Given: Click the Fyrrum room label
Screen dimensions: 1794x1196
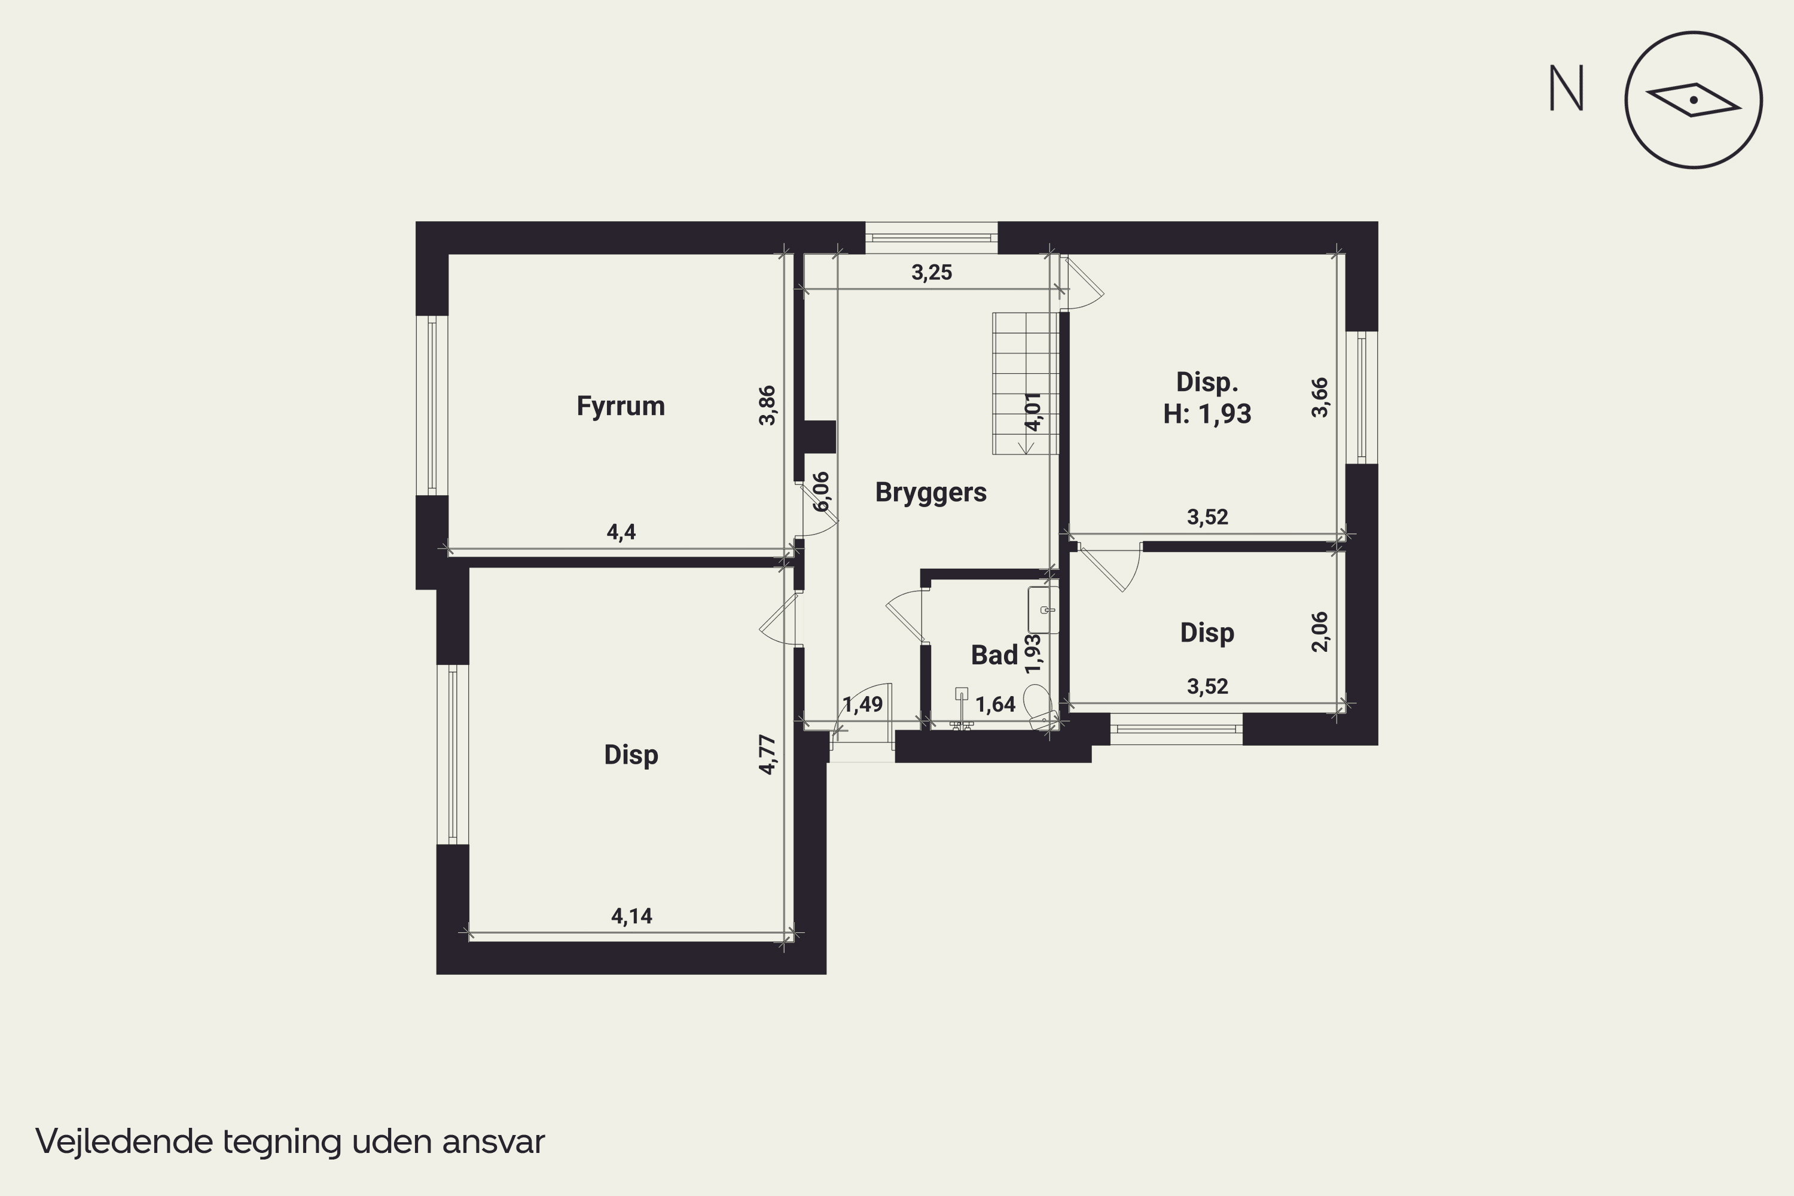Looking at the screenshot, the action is pos(620,407).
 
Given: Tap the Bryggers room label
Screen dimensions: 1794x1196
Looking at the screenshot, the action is pos(930,493).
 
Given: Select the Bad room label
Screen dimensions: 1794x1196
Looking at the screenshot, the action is pos(994,654).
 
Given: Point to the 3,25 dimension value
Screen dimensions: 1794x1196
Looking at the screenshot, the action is pos(931,272).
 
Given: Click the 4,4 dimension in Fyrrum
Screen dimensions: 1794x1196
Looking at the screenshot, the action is pos(621,532).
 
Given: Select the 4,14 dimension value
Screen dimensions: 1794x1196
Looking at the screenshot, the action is pos(631,916).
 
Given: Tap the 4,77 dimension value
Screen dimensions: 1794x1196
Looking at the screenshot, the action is pos(767,754).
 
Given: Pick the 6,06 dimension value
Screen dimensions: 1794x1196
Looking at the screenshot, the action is pos(820,492).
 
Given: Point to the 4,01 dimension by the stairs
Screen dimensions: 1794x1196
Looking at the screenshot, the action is pos(1033,412).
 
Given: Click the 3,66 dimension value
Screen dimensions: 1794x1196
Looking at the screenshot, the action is pos(1320,398).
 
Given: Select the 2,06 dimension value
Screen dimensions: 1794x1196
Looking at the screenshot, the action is pos(1320,631).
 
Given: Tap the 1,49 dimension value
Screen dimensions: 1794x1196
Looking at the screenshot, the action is pos(863,704).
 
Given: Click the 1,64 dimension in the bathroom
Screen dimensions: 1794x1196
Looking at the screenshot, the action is pos(996,704).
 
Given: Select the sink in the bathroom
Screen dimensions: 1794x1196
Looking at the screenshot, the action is pos(1044,610).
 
